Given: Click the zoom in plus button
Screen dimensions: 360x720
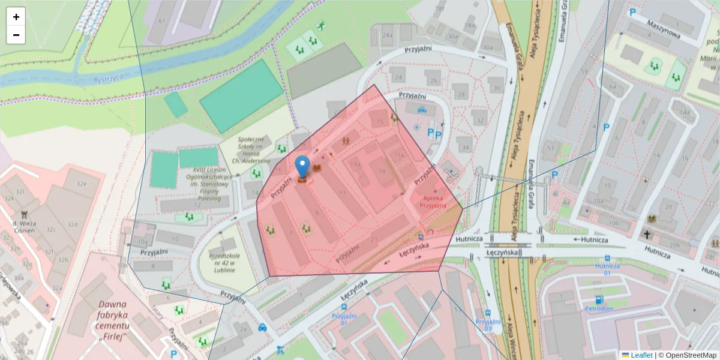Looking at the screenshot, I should (16, 17).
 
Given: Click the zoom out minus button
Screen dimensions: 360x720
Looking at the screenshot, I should (16, 35).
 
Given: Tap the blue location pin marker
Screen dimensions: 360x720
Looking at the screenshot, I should (303, 166).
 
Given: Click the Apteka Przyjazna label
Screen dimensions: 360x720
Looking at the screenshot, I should (434, 202).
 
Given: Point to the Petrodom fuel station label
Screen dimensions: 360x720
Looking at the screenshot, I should (599, 309).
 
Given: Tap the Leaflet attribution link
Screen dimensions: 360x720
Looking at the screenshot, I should (641, 355).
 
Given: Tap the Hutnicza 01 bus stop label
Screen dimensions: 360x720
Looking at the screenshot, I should (607, 269).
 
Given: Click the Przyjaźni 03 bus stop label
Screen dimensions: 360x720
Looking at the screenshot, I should (487, 325).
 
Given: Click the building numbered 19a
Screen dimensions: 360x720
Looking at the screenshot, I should (355, 163).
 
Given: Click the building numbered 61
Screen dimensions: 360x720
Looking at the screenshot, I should (161, 20).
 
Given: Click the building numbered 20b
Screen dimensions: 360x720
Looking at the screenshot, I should (675, 244).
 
